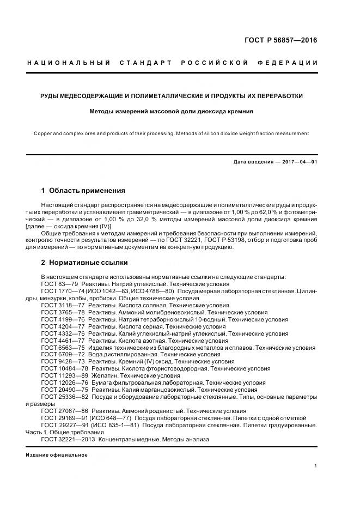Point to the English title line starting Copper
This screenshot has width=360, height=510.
click(171, 133)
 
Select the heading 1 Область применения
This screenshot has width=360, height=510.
click(83, 191)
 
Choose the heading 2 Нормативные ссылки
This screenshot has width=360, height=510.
click(84, 262)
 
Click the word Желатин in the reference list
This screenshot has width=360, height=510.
click(103, 375)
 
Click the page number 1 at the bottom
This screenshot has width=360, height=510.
click(316, 465)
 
